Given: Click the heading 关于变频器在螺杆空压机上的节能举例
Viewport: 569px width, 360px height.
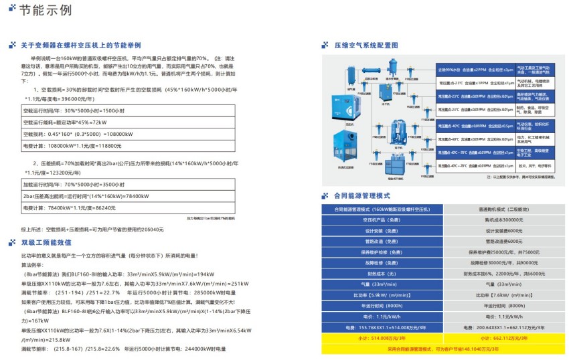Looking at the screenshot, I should coord(80,45).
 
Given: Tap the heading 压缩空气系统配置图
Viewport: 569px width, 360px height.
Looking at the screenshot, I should coord(365,46).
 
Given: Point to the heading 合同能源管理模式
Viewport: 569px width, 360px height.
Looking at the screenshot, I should coord(361,195).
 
